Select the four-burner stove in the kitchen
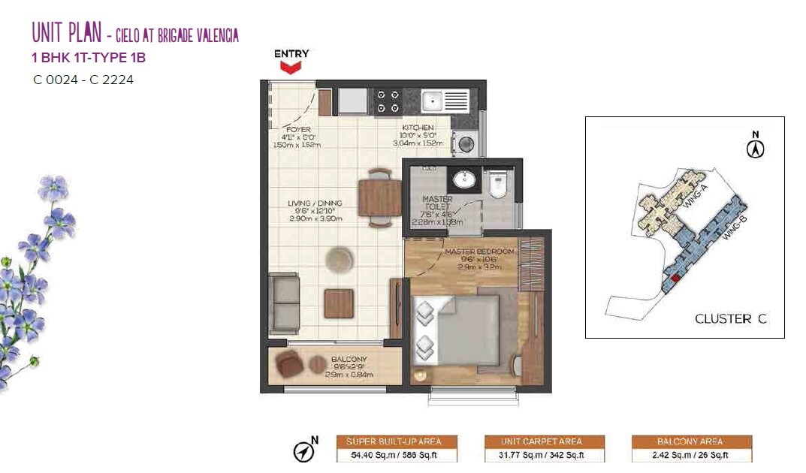tap(388, 101)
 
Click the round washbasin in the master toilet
tap(462, 181)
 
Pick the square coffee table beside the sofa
tap(339, 304)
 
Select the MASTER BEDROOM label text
tap(478, 252)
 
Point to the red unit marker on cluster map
tap(675, 278)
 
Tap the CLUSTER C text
tap(730, 319)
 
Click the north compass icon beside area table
tap(304, 451)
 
